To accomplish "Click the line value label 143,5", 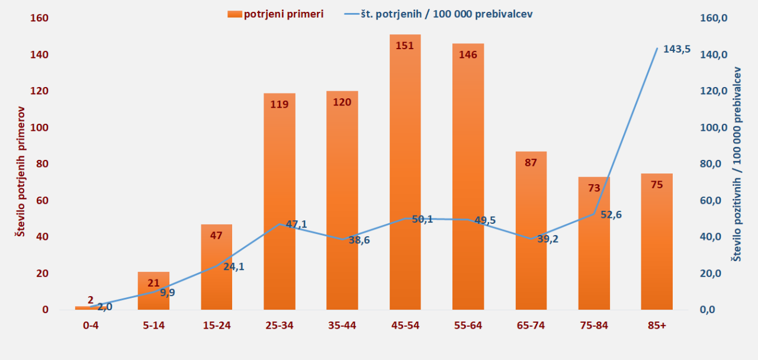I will pos(677,49).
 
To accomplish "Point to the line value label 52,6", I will pos(611,215).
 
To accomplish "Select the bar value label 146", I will pos(468,54).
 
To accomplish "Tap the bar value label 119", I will pos(279,105).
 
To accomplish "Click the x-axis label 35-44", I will pos(342,325).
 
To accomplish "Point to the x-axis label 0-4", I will pos(91,325).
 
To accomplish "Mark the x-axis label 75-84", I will pos(594,325).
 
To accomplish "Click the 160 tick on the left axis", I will pos(40,18).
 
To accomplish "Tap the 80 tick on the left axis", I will pos(42,164).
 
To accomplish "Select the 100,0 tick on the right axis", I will pos(713,128).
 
